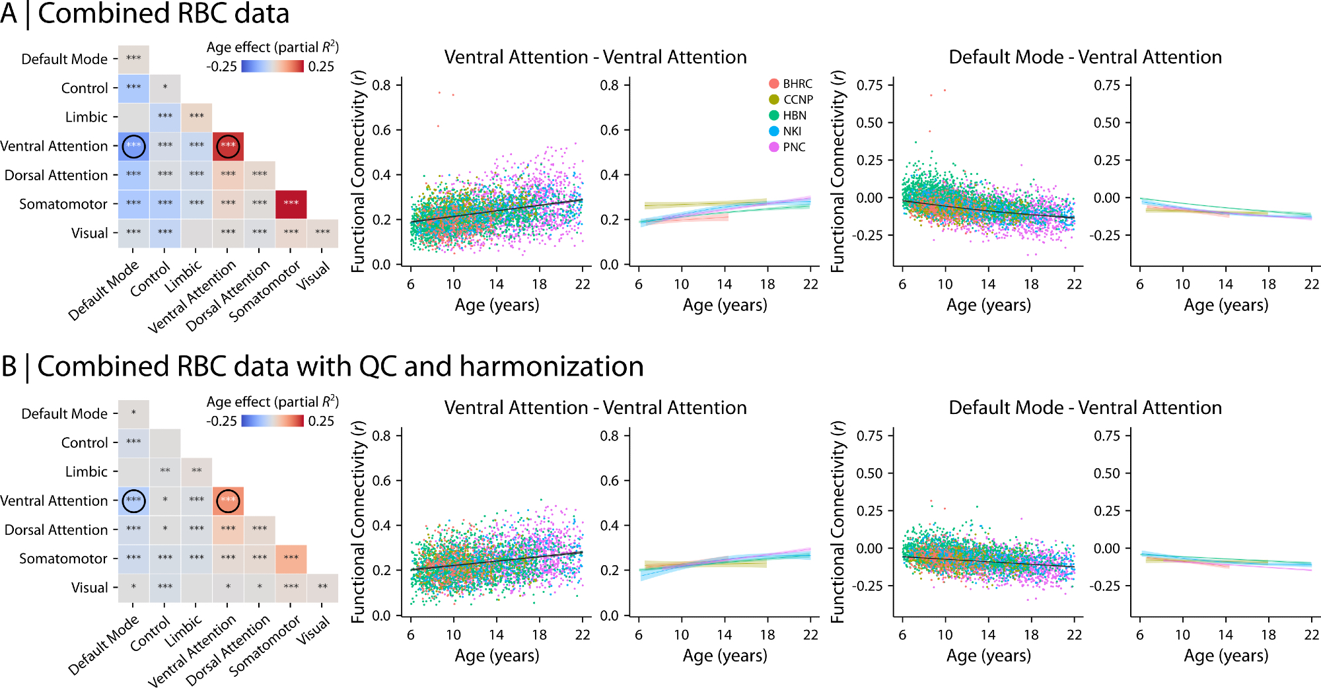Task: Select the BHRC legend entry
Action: [x=790, y=84]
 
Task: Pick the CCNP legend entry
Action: [x=791, y=100]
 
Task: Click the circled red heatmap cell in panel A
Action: [x=228, y=145]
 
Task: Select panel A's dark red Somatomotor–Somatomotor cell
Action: [x=291, y=203]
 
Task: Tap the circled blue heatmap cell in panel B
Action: [x=133, y=500]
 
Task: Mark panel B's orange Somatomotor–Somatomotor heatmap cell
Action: [x=291, y=559]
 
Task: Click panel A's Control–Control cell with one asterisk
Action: [x=165, y=88]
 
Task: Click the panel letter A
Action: [x=9, y=14]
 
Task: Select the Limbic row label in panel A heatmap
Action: [x=87, y=117]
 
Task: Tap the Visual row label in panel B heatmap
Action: [x=90, y=588]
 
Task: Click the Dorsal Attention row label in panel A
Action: [x=56, y=175]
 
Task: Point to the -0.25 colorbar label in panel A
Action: [x=221, y=67]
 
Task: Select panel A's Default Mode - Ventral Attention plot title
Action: [x=1085, y=57]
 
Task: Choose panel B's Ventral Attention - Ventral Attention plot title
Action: [x=595, y=408]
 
